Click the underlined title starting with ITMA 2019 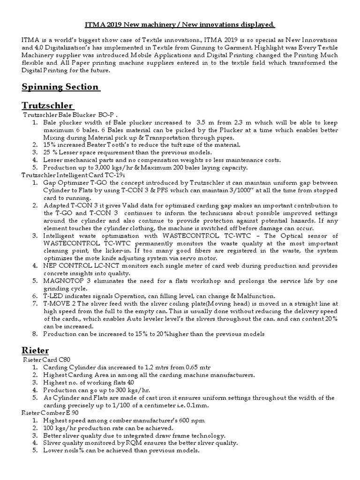[x=180, y=24]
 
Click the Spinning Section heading [x=61, y=87]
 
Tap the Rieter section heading [x=35, y=350]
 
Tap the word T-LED [x=52, y=296]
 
